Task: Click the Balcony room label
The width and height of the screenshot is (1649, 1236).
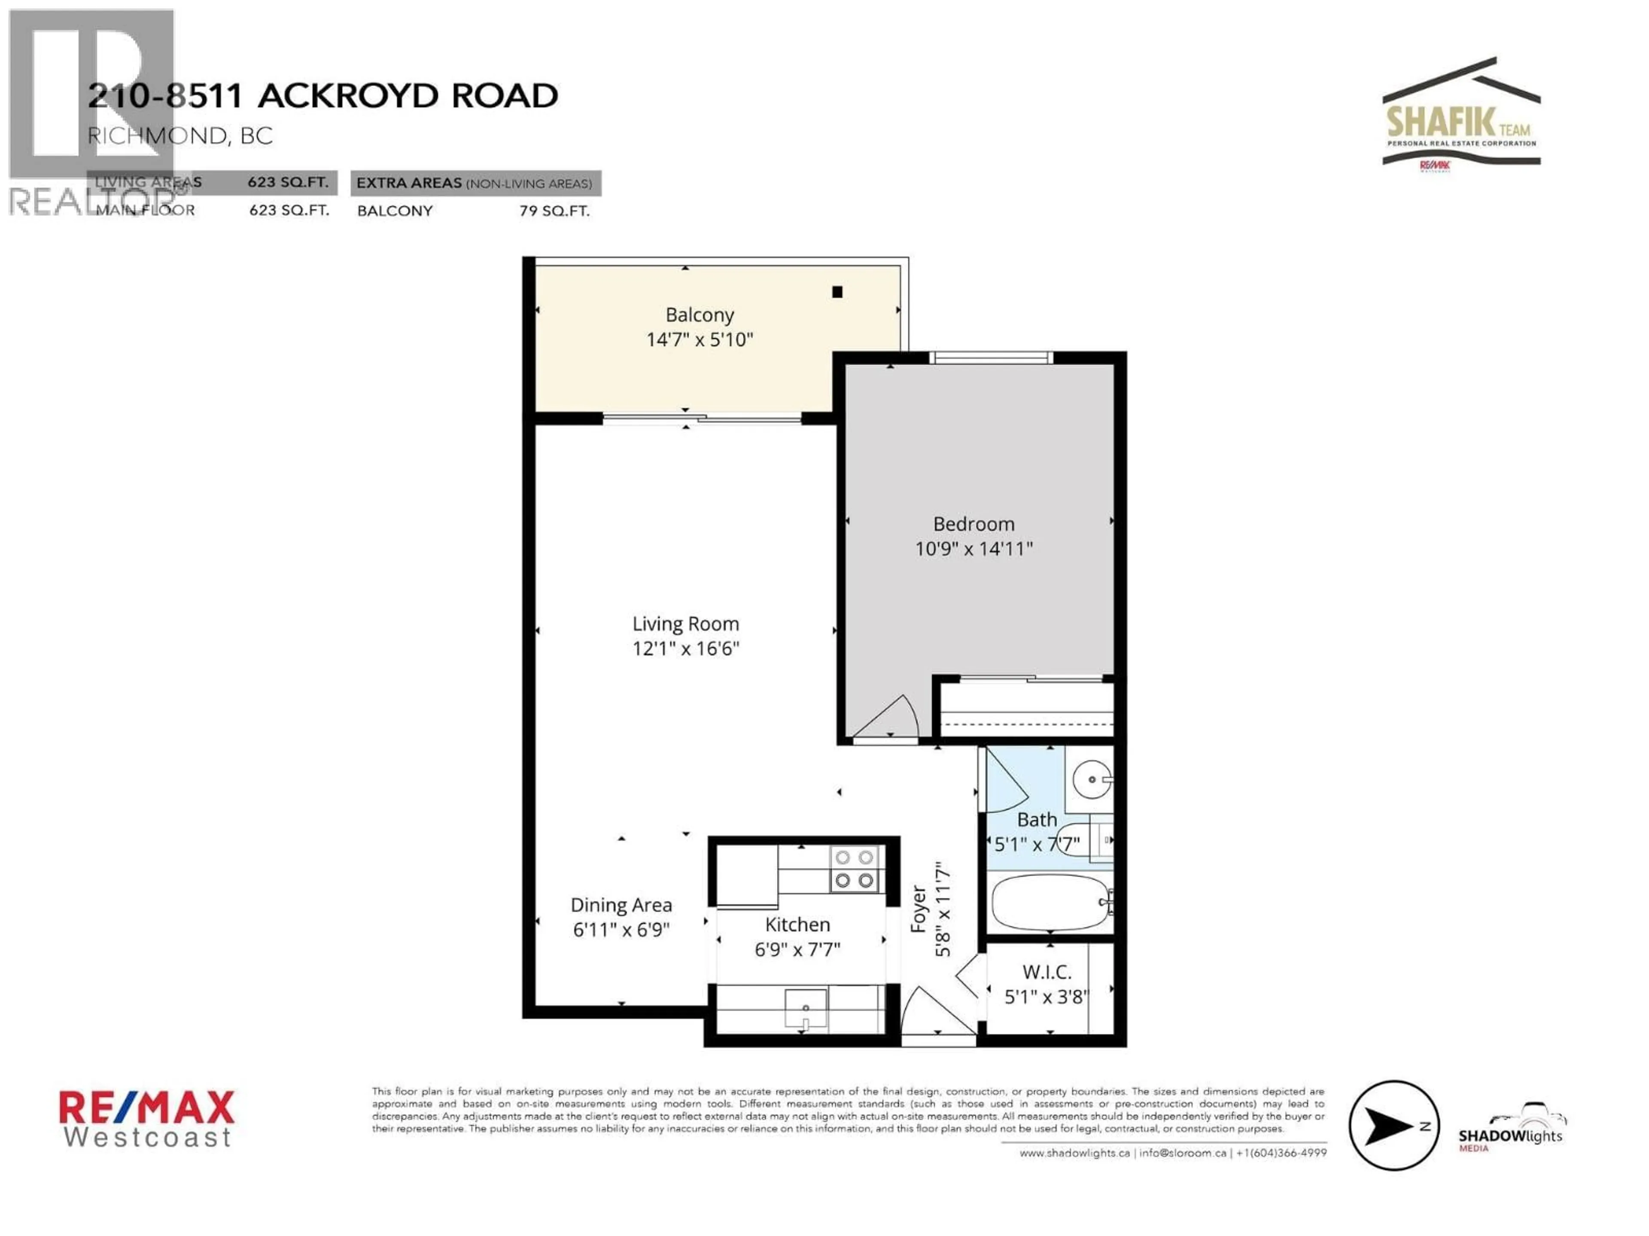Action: [x=699, y=315]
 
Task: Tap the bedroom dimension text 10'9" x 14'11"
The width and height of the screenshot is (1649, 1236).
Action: [x=974, y=549]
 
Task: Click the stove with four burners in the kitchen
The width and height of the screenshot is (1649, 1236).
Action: [x=854, y=869]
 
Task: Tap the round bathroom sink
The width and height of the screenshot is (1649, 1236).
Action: [x=1091, y=779]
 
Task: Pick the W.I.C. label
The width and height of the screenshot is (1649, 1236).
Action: [x=1047, y=972]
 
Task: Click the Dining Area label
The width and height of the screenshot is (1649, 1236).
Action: [x=621, y=905]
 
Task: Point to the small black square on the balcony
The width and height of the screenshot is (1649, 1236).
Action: [x=837, y=292]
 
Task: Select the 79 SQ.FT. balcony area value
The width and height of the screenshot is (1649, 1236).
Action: [x=554, y=211]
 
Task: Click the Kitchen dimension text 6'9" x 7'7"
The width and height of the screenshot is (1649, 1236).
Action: [x=797, y=950]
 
